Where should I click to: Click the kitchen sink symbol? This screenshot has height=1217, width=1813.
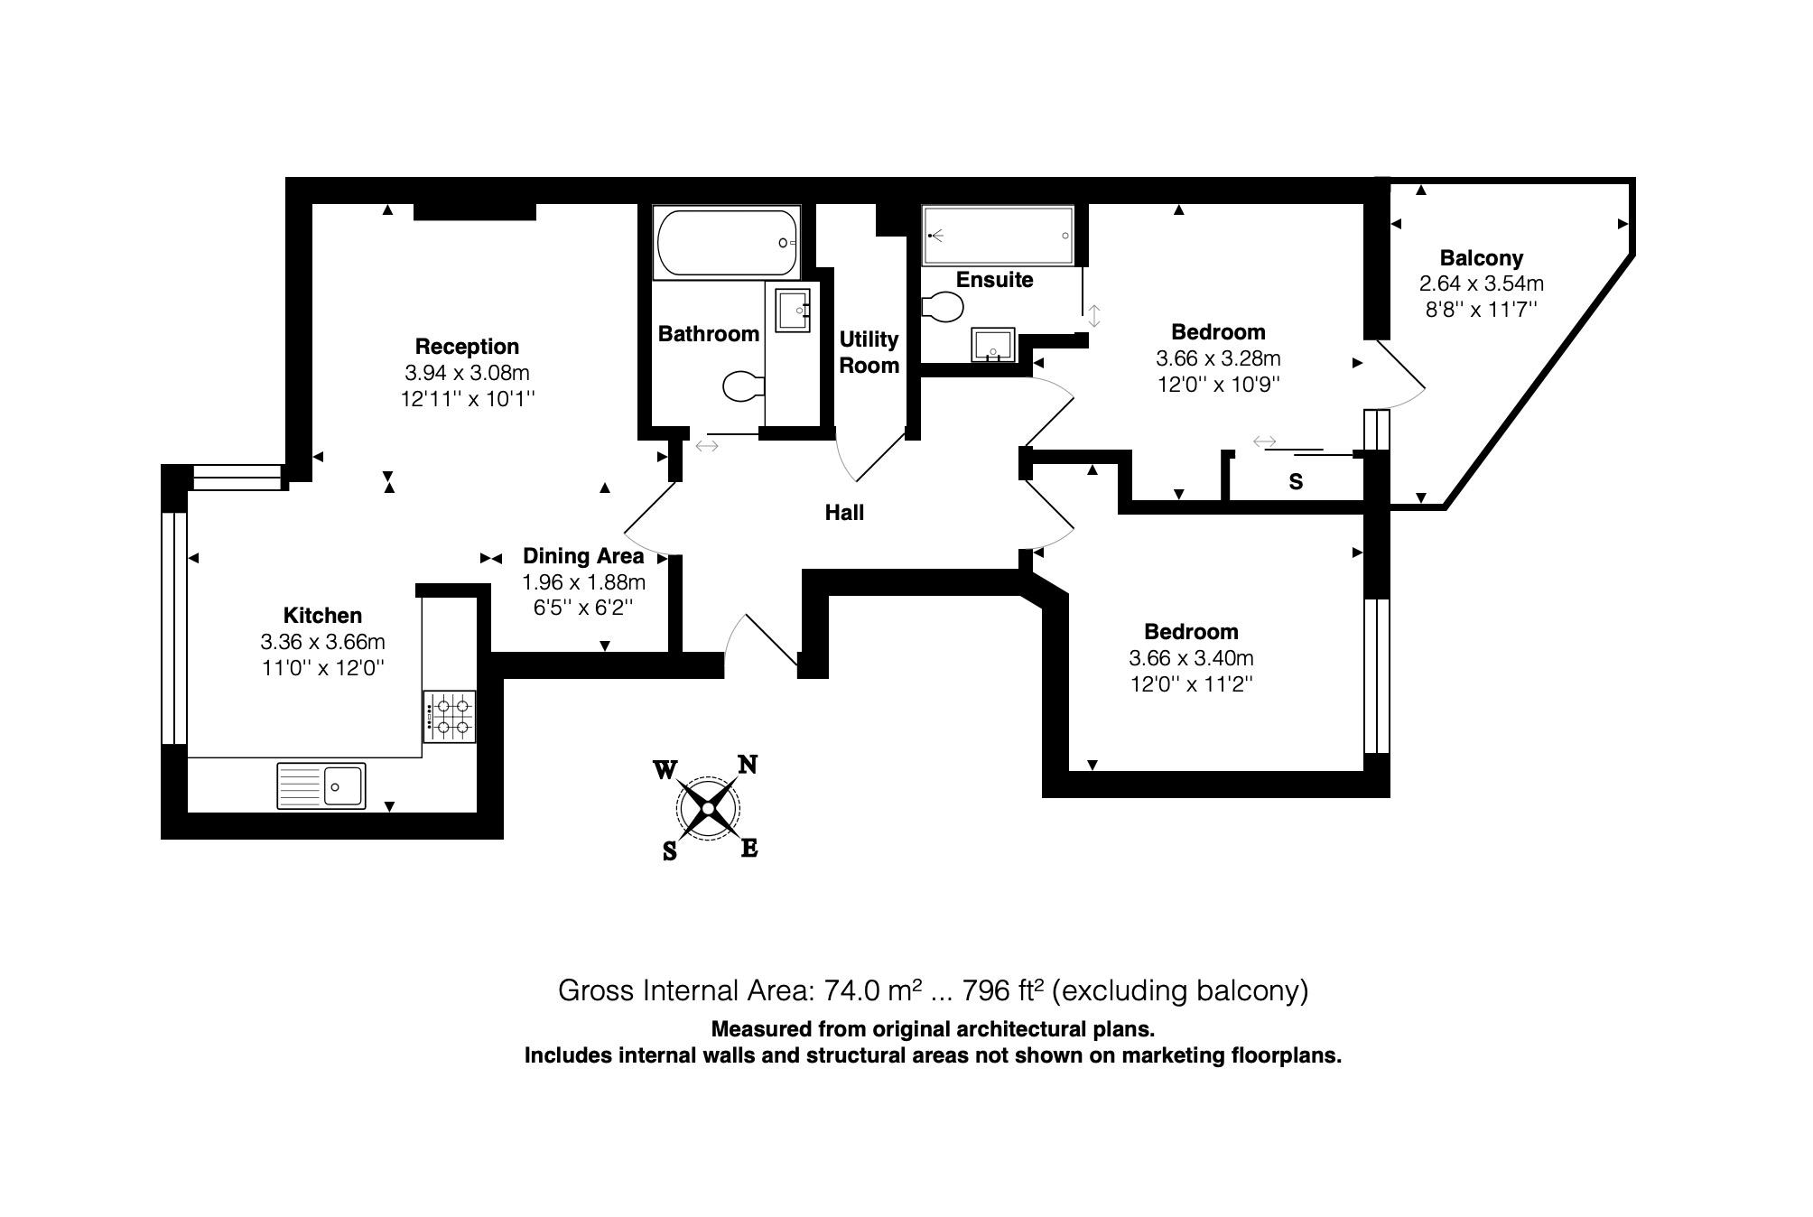point(321,785)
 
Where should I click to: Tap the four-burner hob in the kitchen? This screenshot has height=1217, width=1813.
point(450,717)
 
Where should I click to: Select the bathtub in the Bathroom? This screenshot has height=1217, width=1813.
point(726,243)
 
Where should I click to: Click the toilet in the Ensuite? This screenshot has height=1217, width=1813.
point(943,307)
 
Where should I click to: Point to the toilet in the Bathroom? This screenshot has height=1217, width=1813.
point(743,387)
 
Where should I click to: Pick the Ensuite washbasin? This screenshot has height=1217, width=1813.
point(993,344)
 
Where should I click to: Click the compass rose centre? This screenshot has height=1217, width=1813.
point(707,807)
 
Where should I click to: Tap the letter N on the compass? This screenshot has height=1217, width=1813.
point(748,766)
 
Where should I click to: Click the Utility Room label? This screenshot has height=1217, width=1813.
point(869,352)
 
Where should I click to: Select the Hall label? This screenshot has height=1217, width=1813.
point(844,513)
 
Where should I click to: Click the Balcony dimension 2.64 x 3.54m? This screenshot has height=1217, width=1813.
point(1482,283)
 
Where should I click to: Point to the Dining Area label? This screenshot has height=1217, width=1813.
point(583,556)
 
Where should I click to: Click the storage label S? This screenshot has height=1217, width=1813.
point(1296,482)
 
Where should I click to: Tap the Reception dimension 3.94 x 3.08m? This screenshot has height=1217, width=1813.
point(467,373)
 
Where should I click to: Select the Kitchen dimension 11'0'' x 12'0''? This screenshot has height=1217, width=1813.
point(322,668)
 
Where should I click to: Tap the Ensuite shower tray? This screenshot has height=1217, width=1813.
point(998,236)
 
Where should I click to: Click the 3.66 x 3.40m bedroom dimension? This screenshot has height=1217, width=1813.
point(1191,658)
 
